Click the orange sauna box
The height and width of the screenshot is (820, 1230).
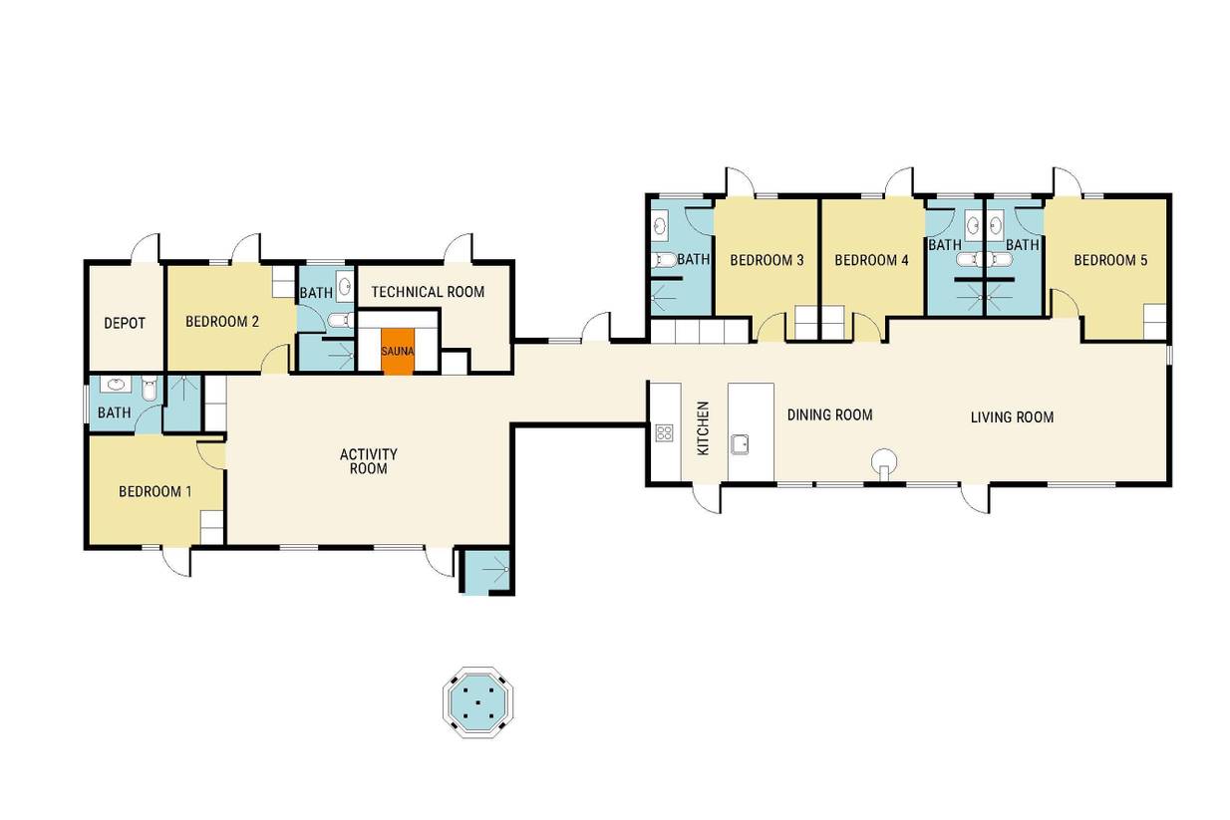pos(398,352)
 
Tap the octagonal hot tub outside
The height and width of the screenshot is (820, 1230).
pos(477,702)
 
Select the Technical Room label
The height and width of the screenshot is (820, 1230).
pos(428,292)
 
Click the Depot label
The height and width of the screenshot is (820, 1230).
pos(125,323)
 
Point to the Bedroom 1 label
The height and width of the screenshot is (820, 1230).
pos(155,491)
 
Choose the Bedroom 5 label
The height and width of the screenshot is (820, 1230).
pos(1110,260)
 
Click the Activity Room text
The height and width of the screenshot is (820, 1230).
pos(369,461)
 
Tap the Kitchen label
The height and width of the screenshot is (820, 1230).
pos(703,428)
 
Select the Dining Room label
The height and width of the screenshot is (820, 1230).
pos(829,414)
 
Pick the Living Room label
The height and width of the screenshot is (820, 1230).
pos(1012,417)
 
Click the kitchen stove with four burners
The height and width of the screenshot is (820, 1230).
pos(665,432)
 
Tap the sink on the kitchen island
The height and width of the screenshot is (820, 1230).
pos(740,444)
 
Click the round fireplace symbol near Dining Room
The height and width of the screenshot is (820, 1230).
pos(884,460)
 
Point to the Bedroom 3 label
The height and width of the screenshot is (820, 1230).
pos(767,260)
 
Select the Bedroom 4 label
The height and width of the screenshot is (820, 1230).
pos(871,260)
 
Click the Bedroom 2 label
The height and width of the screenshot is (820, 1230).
pos(222,321)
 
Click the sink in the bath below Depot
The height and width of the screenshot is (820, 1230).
pos(116,385)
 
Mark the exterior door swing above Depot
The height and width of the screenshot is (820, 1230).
pos(146,248)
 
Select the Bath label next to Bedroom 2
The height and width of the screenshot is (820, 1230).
pos(316,293)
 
